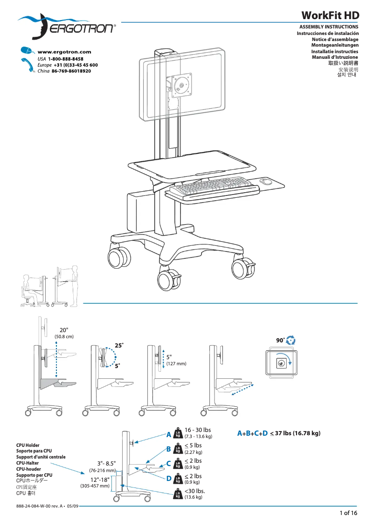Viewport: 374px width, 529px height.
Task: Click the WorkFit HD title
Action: click(330, 15)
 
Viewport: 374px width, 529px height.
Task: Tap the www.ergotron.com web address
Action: click(64, 52)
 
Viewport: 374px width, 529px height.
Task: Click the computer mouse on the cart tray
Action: click(265, 181)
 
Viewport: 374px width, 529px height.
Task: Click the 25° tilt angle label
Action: click(119, 345)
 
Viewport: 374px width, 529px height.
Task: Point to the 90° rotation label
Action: click(280, 341)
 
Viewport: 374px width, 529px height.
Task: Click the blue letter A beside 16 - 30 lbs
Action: click(169, 435)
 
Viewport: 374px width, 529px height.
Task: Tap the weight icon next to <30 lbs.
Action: click(177, 494)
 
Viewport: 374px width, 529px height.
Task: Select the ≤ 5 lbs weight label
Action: click(193, 445)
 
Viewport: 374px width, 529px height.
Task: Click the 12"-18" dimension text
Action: click(100, 480)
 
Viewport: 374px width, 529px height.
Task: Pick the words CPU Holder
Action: click(28, 445)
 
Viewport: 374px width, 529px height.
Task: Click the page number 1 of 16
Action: click(348, 513)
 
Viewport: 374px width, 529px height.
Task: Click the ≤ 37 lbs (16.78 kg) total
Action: click(295, 433)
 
